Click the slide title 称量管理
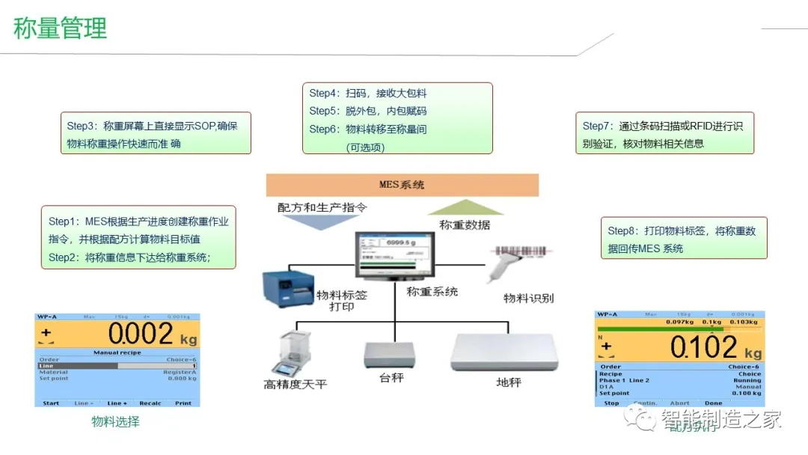pos(61,29)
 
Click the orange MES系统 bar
pos(402,185)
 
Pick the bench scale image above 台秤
pos(388,355)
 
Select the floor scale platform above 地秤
pos(505,352)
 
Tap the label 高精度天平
pos(295,385)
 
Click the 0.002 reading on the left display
pos(140,334)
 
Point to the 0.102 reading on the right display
pos(703,346)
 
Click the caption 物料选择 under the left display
pos(115,421)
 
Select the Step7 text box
pos(664,134)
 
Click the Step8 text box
pos(684,239)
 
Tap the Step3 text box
pos(156,134)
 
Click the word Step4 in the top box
pos(323,94)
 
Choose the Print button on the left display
pos(183,403)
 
